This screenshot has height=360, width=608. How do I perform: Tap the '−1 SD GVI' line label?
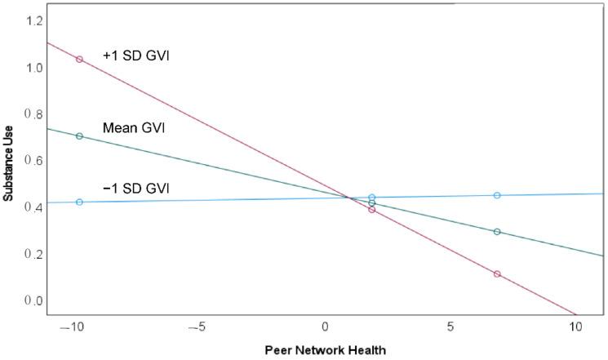click(x=136, y=189)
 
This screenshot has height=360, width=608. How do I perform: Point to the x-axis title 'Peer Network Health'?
click(x=325, y=350)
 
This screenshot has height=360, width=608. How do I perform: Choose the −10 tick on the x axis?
click(x=73, y=327)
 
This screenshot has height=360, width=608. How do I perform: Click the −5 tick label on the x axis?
click(x=199, y=327)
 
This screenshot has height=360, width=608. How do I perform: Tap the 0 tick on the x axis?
click(x=324, y=327)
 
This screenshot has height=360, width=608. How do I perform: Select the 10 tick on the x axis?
click(x=575, y=327)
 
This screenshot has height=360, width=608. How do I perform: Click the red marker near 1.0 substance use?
click(x=79, y=60)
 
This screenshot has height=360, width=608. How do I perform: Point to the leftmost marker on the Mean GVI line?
click(x=79, y=136)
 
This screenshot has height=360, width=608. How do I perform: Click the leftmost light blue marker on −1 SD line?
click(x=79, y=202)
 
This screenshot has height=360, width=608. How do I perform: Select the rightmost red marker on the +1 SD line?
click(x=497, y=274)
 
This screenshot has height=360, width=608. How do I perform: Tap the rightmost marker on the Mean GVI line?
click(x=497, y=232)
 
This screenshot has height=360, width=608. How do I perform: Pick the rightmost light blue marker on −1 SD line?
click(x=497, y=195)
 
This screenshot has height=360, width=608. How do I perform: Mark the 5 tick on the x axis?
click(x=450, y=327)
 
